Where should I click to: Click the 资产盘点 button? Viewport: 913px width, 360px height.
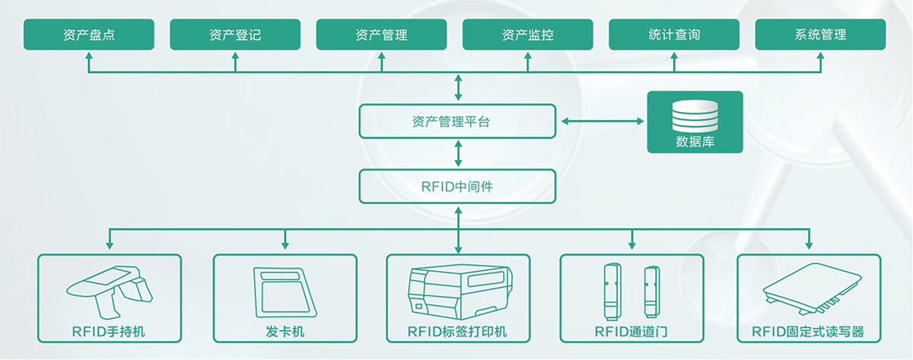tap(89, 35)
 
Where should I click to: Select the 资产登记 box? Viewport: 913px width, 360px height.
tap(235, 35)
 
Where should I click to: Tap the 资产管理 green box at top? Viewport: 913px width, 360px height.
tap(381, 35)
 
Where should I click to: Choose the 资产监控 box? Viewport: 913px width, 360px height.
tap(527, 35)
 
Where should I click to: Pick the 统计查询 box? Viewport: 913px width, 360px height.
tap(674, 35)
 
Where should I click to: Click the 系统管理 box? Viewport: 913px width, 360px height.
tap(820, 35)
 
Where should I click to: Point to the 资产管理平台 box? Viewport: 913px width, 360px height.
tap(457, 122)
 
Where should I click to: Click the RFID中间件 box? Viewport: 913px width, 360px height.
tap(457, 186)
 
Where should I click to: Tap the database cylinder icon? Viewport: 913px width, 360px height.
tap(695, 116)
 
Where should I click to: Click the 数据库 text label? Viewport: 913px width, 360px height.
tap(695, 142)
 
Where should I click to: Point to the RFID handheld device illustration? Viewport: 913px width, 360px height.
tap(110, 293)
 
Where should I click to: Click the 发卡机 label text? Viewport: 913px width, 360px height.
tap(285, 332)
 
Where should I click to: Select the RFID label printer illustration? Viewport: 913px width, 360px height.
tap(457, 293)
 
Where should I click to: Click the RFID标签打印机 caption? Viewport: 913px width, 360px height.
tap(457, 332)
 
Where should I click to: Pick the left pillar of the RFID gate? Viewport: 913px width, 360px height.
tap(610, 292)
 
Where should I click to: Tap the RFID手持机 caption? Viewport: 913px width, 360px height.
tap(110, 332)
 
